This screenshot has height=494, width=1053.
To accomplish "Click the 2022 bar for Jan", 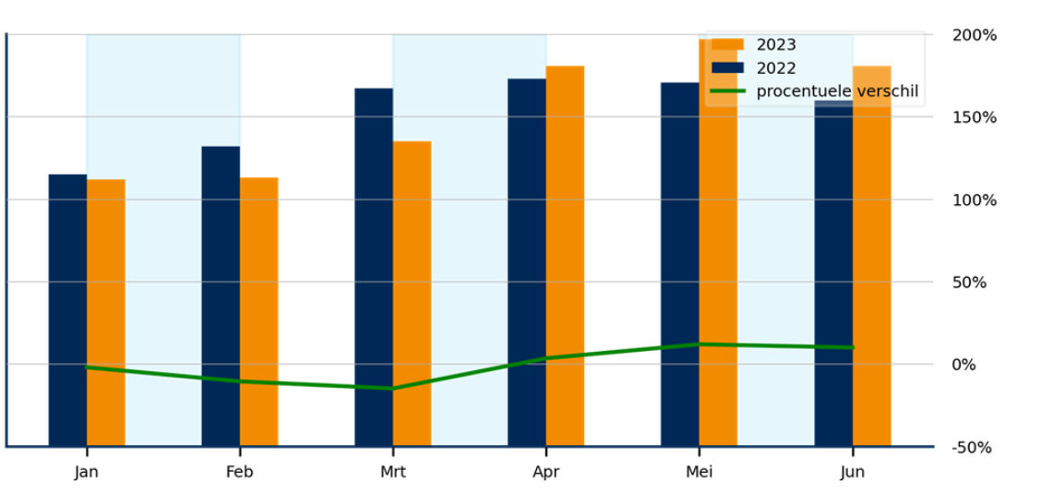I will point(67,309).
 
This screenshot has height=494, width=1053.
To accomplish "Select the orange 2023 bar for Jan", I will point(106,312).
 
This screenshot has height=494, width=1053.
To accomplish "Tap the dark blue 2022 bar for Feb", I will point(221,295).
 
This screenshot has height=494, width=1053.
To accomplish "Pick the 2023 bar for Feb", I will point(259,311).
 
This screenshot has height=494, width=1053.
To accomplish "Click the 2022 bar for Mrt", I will point(374,267).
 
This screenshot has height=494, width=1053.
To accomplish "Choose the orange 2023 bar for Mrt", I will point(413,293).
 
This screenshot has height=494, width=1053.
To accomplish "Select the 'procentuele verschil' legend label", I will point(836,90).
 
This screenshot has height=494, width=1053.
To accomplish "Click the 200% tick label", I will point(975,35).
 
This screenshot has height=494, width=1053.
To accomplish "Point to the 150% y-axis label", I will point(975,117).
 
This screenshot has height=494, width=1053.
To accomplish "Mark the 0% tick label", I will point(963,365).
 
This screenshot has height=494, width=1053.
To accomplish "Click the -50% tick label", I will point(972,448).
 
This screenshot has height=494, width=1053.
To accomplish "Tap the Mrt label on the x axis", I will point(393,472).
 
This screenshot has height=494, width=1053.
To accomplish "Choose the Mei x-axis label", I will point(700,472).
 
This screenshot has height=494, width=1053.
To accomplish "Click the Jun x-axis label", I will point(853,472).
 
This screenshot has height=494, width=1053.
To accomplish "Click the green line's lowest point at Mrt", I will point(393,388).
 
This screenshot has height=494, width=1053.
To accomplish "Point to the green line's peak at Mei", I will point(700,344).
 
